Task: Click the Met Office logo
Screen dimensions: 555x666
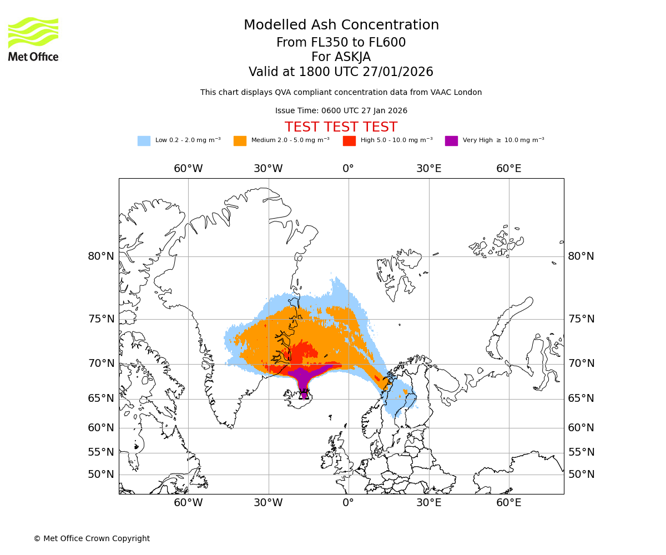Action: pyautogui.click(x=33, y=39)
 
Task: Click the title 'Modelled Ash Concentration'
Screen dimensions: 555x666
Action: pyautogui.click(x=341, y=26)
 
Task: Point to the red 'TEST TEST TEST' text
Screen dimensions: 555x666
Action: pyautogui.click(x=341, y=127)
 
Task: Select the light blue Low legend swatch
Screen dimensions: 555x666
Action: pyautogui.click(x=144, y=141)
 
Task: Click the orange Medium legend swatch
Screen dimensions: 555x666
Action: pyautogui.click(x=240, y=141)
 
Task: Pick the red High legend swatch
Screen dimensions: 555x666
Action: pyautogui.click(x=349, y=141)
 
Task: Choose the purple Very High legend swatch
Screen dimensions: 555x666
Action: pyautogui.click(x=451, y=141)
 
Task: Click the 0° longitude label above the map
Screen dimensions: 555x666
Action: pyautogui.click(x=348, y=169)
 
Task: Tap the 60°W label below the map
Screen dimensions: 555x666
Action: pyautogui.click(x=188, y=503)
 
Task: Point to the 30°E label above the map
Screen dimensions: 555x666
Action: pyautogui.click(x=428, y=169)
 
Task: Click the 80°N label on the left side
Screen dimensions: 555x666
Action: pyautogui.click(x=101, y=256)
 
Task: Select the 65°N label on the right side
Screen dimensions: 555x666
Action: pyautogui.click(x=581, y=398)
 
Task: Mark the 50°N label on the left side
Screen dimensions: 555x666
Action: pyautogui.click(x=101, y=475)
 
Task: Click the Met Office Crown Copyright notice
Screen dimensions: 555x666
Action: pyautogui.click(x=92, y=539)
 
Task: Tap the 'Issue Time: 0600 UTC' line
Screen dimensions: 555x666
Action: pyautogui.click(x=341, y=111)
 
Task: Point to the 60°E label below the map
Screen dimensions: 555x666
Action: pyautogui.click(x=508, y=503)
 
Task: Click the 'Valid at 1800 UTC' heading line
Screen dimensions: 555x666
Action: pyautogui.click(x=341, y=72)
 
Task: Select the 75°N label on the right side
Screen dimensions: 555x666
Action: pyautogui.click(x=581, y=319)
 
